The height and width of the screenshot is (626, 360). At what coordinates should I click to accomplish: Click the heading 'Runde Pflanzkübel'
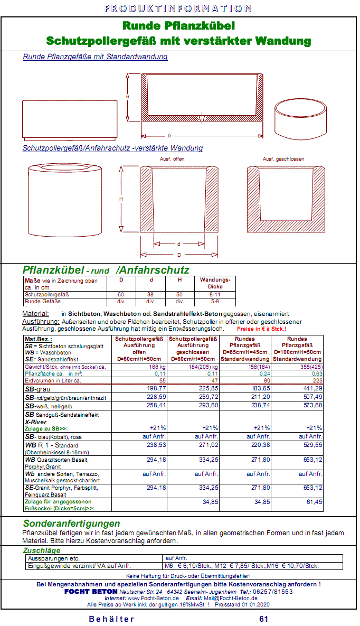(x=178, y=26)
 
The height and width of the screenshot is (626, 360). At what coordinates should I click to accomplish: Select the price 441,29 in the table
(x=310, y=388)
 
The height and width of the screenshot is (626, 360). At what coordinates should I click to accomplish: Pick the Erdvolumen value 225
(x=317, y=380)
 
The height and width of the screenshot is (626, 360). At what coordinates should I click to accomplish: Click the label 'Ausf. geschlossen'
(x=283, y=158)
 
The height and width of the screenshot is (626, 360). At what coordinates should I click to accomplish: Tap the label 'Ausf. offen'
(x=172, y=158)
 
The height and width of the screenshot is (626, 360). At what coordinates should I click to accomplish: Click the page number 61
(x=264, y=619)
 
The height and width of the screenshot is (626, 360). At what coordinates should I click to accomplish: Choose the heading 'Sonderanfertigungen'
(x=71, y=524)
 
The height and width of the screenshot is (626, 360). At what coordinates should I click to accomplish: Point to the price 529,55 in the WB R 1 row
(x=310, y=445)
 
